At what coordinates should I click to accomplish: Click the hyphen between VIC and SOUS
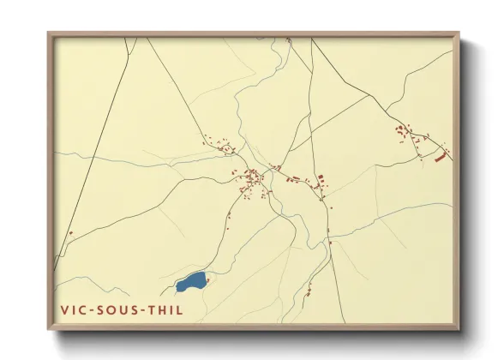point(93,309)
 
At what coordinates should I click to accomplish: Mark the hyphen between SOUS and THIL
point(147,309)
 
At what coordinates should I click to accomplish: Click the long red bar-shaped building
point(441,157)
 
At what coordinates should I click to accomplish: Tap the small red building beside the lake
point(209,276)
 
